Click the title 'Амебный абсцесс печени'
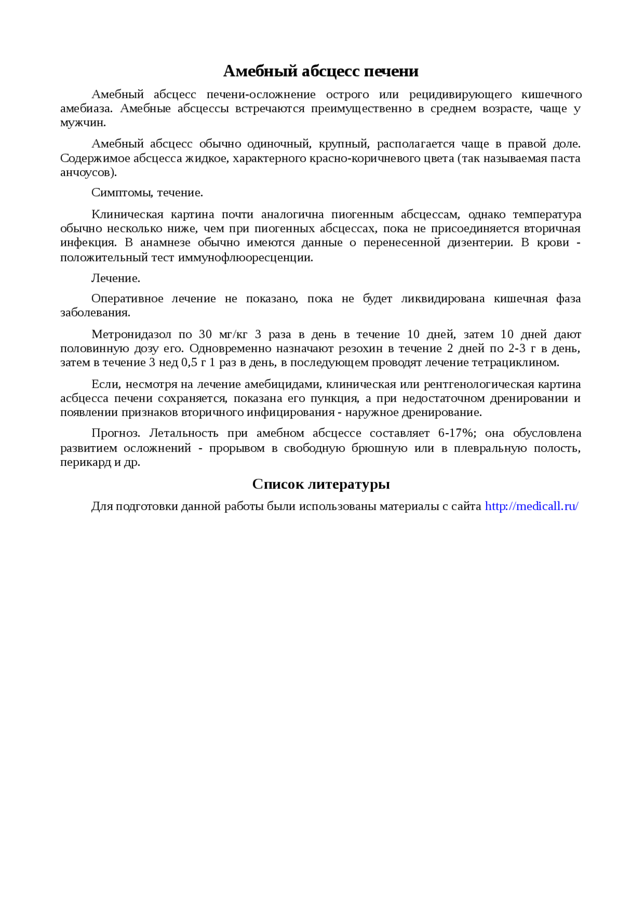click(321, 71)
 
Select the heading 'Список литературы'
click(321, 484)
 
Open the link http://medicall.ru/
click(531, 506)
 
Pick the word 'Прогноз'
click(114, 433)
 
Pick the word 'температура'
click(546, 215)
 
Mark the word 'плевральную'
click(472, 448)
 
